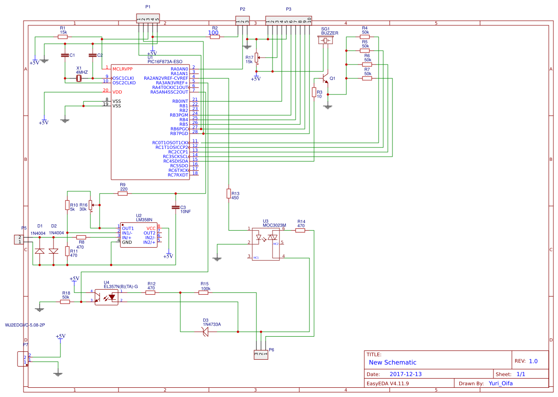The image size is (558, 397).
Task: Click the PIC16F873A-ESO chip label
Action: click(165, 61)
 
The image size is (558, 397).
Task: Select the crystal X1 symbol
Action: click(79, 78)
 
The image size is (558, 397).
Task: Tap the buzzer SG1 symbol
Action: click(326, 41)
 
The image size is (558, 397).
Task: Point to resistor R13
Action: click(228, 193)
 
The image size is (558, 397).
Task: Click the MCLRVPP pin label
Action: click(123, 69)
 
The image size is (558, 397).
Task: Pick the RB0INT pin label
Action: click(180, 101)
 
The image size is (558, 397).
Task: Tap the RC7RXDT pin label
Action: click(178, 175)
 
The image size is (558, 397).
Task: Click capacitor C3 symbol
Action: click(175, 207)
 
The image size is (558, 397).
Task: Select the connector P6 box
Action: click(261, 355)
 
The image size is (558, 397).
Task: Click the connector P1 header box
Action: click(148, 18)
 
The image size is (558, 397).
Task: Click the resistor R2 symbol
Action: click(215, 37)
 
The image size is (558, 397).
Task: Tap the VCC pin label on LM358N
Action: click(151, 228)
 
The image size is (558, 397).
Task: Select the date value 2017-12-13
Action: click(405, 374)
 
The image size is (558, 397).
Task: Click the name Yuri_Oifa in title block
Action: click(500, 383)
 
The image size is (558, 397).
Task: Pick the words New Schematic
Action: click(392, 362)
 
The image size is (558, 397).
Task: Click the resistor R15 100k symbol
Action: click(204, 293)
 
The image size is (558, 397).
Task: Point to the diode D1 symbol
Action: click(40, 251)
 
